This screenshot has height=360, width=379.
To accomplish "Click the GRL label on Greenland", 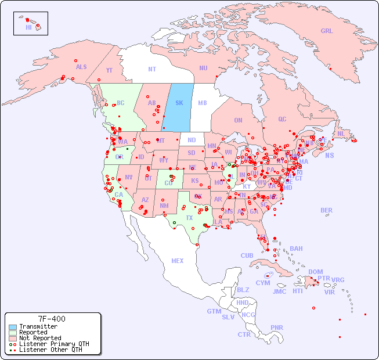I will click(x=327, y=31).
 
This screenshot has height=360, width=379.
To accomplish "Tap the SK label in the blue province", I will click(x=179, y=103).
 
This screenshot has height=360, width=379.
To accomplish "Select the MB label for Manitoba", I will click(x=202, y=103).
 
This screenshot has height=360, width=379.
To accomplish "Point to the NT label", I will click(x=151, y=69).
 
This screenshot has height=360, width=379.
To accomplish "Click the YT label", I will click(x=109, y=70).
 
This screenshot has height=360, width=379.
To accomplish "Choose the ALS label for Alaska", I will click(x=81, y=67).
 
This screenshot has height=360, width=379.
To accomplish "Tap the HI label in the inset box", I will click(x=28, y=27).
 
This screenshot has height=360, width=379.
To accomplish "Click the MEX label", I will click(x=178, y=261).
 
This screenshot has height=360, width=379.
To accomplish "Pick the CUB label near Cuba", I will click(x=247, y=255).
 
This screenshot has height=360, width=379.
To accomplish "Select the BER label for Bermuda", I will click(x=326, y=210).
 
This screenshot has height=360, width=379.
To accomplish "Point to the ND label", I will click(x=192, y=140).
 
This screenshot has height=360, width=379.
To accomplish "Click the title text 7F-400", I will click(x=52, y=319).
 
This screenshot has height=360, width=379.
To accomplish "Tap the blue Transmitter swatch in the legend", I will click(x=12, y=327).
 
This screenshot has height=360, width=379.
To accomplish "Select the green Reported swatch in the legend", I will click(x=12, y=333).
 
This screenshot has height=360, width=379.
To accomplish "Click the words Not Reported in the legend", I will click(x=39, y=338).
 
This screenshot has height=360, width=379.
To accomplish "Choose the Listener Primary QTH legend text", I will click(x=53, y=344).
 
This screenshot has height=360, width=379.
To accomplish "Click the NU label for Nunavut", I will click(x=203, y=68).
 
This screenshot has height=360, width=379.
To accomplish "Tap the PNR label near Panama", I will click(x=277, y=327).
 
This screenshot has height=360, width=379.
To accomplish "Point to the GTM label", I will click(x=214, y=311).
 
